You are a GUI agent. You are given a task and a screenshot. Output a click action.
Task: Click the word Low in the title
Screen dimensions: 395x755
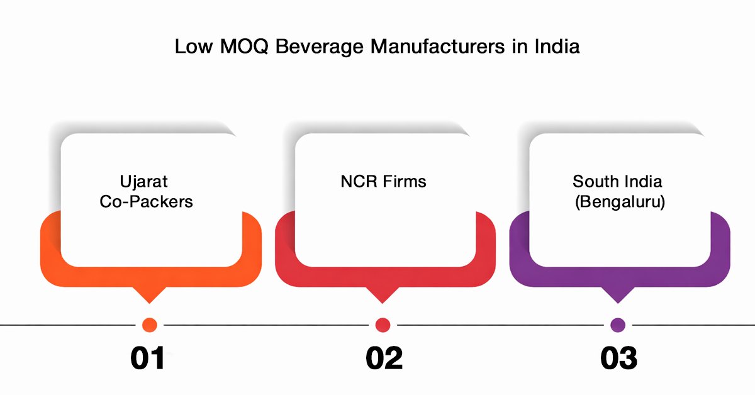(193, 47)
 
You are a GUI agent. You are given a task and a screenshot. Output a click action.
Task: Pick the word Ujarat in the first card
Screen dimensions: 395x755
(145, 182)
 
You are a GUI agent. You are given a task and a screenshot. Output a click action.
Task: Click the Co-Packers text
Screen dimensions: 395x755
(146, 203)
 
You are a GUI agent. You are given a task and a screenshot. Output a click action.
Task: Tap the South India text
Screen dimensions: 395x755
(617, 182)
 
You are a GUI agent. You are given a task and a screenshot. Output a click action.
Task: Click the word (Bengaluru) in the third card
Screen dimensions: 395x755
(620, 203)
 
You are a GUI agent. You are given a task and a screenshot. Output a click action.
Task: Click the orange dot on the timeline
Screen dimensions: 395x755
(149, 325)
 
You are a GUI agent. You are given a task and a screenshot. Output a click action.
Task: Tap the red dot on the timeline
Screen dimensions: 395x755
(383, 325)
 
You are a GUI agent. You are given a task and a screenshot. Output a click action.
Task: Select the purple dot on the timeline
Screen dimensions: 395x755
(618, 325)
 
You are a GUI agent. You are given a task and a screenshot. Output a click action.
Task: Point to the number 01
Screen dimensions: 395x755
(148, 358)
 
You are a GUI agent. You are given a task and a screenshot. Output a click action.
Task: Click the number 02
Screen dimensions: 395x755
(383, 358)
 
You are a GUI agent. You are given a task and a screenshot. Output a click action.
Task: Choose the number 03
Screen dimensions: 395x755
(618, 358)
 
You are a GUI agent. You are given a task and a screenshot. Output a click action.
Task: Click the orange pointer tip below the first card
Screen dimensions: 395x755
(149, 296)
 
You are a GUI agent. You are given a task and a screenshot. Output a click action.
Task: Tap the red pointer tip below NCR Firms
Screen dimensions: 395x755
(383, 296)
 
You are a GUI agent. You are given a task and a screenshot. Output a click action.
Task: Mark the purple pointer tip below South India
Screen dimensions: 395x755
(618, 296)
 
